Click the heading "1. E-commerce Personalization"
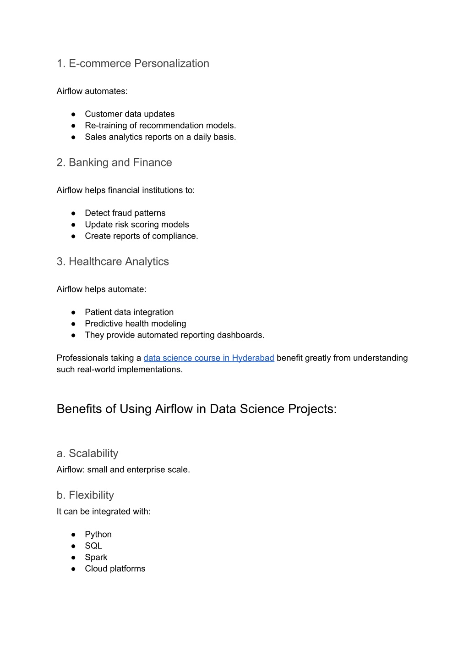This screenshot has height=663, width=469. (133, 63)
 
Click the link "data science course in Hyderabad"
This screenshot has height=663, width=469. (209, 358)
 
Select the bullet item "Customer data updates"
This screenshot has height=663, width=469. (130, 114)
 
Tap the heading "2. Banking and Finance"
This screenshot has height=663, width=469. (114, 162)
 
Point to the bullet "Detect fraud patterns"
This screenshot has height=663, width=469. (125, 213)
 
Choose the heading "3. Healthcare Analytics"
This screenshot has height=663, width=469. (113, 261)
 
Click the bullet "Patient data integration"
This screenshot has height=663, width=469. (129, 312)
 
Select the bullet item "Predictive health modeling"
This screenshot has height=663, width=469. (136, 324)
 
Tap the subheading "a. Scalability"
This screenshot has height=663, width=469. (87, 453)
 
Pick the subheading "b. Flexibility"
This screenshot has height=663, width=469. (85, 495)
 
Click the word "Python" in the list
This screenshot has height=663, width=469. (98, 535)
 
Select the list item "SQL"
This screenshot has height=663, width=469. (93, 546)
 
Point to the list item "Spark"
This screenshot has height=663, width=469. (96, 558)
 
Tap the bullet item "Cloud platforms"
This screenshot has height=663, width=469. (115, 569)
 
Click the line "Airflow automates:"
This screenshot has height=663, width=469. (92, 91)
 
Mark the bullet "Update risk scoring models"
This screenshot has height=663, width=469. (137, 225)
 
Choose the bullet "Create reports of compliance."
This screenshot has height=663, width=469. (142, 236)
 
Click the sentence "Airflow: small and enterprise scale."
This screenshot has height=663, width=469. (123, 470)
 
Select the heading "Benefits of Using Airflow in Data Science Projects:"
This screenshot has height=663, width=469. (196, 409)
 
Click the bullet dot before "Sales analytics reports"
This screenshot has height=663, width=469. (73, 137)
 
